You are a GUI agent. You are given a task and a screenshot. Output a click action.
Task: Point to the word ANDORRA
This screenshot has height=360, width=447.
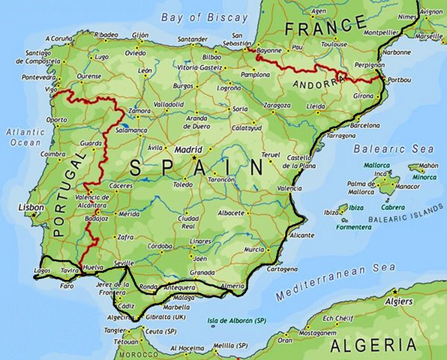pos(316,83)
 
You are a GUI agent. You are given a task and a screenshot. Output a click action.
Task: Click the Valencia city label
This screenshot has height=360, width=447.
pos(289,187)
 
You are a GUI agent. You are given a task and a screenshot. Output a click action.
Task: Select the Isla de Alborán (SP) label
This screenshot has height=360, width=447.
pos(236,320)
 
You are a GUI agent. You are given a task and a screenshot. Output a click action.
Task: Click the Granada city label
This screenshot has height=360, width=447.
pos(202,272)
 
